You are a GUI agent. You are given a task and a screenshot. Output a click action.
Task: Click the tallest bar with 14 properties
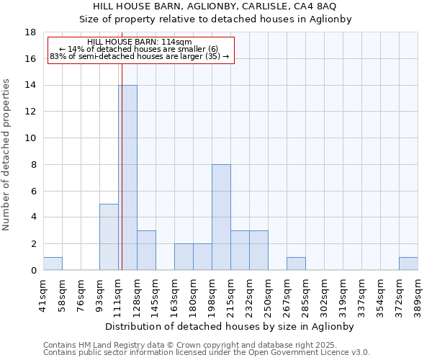point(127,178)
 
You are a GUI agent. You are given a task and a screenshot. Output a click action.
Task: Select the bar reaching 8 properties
point(221,217)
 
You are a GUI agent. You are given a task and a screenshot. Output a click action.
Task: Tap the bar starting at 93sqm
point(109,237)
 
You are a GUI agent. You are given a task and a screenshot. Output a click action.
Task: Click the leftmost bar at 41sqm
point(53,264)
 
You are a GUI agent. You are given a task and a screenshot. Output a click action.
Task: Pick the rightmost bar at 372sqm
point(408,264)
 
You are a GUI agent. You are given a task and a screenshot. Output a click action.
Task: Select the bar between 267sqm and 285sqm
point(296,264)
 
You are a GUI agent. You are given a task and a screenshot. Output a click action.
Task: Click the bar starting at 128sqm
point(146,251)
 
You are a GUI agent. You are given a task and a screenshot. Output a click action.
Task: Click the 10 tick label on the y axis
point(30,138)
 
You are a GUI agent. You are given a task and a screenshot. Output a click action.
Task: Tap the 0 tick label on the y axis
point(33,271)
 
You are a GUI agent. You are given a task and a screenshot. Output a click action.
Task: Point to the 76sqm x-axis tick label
point(81,294)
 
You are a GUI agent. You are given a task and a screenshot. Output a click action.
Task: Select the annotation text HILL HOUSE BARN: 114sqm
point(140,42)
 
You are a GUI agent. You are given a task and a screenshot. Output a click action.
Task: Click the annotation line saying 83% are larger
point(140,56)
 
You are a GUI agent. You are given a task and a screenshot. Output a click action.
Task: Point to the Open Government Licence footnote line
point(207,353)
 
